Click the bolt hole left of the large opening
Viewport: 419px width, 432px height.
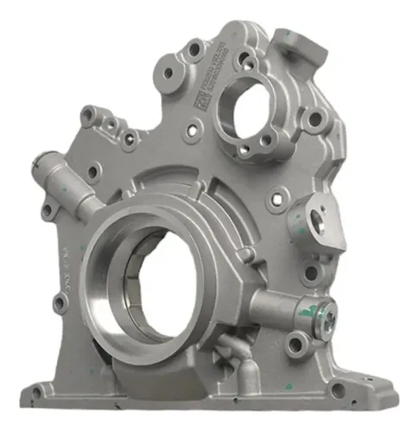click(60, 302)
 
